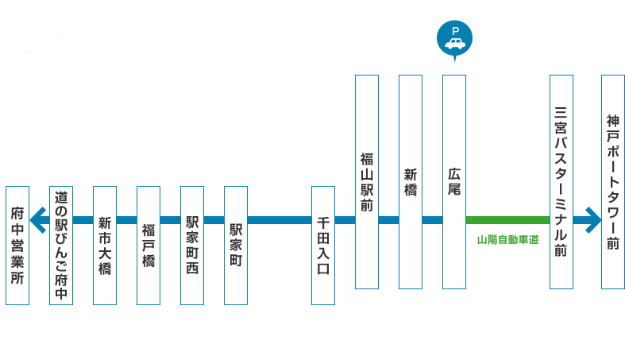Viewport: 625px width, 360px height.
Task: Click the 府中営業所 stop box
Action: tap(17, 245)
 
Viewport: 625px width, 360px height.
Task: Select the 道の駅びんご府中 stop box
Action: tap(61, 245)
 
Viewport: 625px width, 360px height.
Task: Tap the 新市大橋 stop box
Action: tap(105, 245)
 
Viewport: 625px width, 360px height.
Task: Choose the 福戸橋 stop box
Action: tap(149, 245)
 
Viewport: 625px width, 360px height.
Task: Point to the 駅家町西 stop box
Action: tap(192, 245)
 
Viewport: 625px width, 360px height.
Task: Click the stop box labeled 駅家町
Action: tap(236, 245)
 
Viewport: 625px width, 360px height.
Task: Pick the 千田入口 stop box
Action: tap(323, 245)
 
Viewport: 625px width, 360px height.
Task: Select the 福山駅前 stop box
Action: tap(367, 181)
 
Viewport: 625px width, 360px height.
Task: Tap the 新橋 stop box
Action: tap(411, 181)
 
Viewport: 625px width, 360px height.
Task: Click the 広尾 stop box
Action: tap(454, 181)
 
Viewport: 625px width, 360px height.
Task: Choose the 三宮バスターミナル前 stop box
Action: tap(561, 181)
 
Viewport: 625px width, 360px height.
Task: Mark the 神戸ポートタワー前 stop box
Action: tap(613, 181)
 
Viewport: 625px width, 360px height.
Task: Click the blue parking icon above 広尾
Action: tap(455, 38)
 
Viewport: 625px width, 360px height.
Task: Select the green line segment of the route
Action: tap(507, 219)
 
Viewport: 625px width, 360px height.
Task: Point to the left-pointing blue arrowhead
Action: tap(37, 219)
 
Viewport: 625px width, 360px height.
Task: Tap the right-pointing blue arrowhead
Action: tap(592, 219)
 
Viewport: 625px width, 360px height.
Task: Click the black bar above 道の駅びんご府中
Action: tap(61, 180)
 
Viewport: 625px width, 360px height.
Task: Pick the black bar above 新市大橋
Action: tap(105, 180)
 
